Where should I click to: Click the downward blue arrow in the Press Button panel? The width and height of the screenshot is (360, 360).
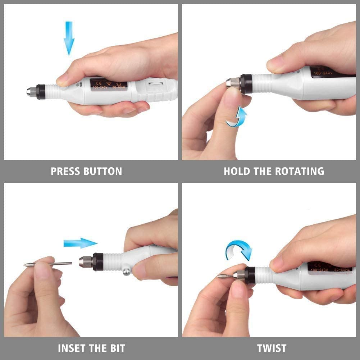69,38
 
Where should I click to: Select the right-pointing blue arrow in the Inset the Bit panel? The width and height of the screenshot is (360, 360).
80,243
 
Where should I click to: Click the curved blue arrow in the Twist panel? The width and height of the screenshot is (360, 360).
239,249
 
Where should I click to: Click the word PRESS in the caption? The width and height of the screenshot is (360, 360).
65,171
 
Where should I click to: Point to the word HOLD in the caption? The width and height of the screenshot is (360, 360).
237,171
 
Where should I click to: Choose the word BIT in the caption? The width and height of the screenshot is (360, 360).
117,348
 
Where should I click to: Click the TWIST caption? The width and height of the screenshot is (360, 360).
272,348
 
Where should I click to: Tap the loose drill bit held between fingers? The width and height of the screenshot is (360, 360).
49,264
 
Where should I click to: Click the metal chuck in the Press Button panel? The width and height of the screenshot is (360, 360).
31,92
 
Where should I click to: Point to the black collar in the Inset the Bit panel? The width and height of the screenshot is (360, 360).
97,261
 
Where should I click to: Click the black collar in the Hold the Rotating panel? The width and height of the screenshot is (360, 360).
246,84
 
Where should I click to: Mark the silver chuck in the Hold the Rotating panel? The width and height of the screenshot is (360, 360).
233,84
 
